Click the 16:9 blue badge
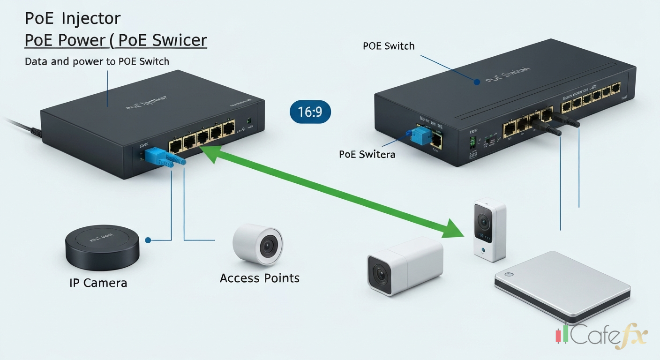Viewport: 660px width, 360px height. (310, 112)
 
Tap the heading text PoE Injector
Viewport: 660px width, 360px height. (73, 19)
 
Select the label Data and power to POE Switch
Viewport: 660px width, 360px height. (97, 61)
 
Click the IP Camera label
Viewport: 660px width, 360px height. (98, 283)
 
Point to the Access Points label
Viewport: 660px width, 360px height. (259, 278)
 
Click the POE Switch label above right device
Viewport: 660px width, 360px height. (389, 46)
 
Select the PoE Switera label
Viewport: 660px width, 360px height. (367, 154)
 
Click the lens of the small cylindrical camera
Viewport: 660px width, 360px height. (268, 245)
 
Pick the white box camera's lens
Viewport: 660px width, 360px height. (380, 276)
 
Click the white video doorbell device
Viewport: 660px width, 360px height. (489, 230)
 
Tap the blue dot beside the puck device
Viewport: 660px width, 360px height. (148, 240)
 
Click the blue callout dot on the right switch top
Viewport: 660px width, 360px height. (477, 82)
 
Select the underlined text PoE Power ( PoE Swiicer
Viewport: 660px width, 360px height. (115, 40)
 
